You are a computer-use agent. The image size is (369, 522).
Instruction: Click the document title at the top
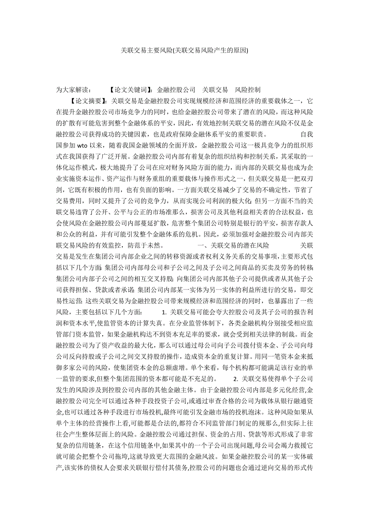tap(184, 51)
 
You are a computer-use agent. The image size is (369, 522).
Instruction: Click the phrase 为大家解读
tap(74, 89)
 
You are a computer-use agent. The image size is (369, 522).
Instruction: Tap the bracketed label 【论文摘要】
tap(87, 101)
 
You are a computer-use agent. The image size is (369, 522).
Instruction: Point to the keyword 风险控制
tap(248, 89)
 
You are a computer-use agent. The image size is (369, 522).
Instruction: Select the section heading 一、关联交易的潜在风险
tap(233, 244)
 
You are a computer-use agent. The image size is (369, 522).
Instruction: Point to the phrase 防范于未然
tap(149, 244)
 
